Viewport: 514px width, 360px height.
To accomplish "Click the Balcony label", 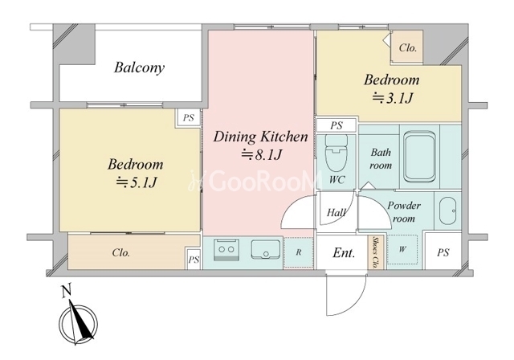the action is pos(139,67).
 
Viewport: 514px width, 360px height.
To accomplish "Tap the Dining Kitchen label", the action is pos(260,137).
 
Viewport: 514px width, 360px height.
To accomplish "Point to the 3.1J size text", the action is pos(392,98).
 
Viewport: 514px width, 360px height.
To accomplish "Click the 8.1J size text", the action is pos(262,154).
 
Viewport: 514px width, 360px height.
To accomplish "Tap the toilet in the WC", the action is pos(336,153).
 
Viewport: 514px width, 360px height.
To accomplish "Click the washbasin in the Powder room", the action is pos(447,211).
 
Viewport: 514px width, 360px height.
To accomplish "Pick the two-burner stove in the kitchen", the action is pos(226,250).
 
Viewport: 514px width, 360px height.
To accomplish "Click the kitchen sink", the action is pos(266,250).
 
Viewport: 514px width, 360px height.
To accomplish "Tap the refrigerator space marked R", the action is pos(298,252).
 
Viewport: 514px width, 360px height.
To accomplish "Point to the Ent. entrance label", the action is pos(344,253).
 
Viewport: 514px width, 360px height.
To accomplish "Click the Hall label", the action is pos(336,213).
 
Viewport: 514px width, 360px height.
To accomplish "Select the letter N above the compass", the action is pos(67,292).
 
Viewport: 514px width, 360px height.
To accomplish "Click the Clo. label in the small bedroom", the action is pos(408,48).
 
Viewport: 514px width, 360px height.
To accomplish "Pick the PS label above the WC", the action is pos(337,125).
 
